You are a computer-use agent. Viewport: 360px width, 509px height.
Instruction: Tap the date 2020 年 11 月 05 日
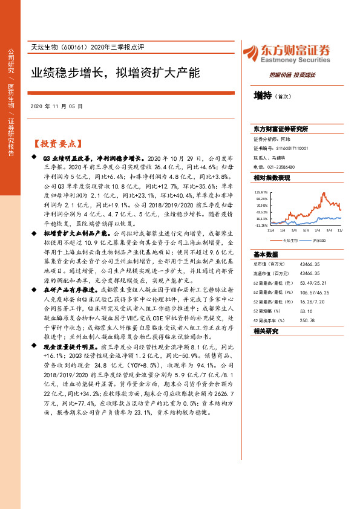coord(56,106)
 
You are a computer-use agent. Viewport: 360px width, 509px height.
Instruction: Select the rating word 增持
coord(262,96)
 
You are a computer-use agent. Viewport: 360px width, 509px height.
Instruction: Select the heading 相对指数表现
coord(272,178)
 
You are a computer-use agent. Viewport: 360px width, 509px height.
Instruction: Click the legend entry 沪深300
coord(318,240)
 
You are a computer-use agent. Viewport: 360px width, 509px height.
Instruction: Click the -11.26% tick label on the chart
coord(261,225)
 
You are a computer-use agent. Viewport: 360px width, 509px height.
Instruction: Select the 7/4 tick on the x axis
coord(316,230)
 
